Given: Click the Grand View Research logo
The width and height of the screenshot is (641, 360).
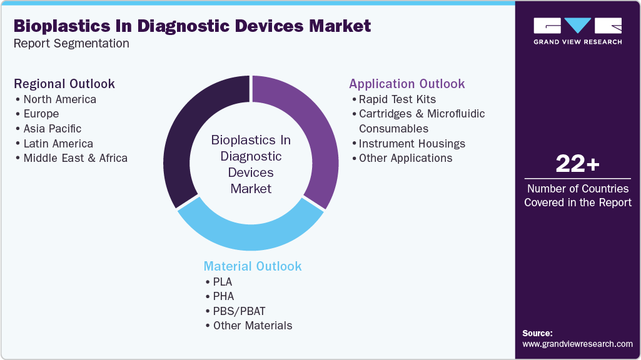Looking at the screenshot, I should tap(577, 31).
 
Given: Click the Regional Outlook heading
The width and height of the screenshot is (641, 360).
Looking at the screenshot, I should tap(64, 84).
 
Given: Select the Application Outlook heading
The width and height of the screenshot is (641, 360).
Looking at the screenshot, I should tap(407, 84).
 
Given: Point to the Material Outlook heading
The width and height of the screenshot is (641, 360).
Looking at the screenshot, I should tap(253, 266).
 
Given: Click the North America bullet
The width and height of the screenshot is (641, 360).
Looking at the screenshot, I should tap(59, 99).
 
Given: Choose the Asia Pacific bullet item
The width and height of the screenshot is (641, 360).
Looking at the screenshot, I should tap(53, 129).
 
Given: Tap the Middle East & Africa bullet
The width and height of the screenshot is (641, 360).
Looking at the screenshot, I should tap(75, 158).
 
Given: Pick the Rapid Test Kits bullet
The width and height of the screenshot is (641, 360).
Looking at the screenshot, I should tap(397, 99).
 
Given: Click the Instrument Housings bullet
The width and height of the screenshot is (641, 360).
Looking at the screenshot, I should tap(411, 144).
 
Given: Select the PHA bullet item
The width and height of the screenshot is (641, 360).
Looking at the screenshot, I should tap(223, 296).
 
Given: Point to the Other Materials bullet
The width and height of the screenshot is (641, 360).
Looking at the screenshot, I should tap(252, 326).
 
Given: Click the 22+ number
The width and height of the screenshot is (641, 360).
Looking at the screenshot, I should tap(577, 165).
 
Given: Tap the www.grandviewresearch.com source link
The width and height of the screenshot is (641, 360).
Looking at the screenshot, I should tap(577, 344).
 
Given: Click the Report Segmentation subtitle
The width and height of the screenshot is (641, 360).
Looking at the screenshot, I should tap(71, 44).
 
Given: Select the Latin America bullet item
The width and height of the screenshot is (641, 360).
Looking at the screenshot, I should tap(58, 144).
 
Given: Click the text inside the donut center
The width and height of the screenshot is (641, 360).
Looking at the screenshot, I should tap(251, 164).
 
